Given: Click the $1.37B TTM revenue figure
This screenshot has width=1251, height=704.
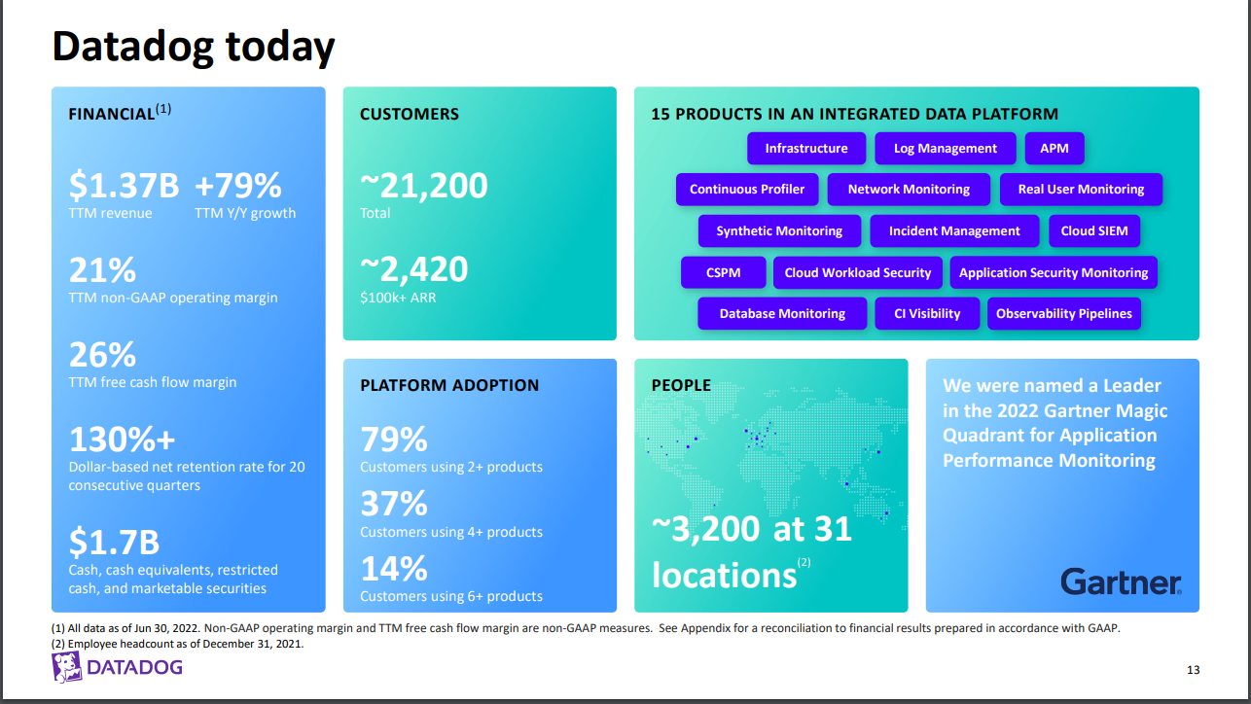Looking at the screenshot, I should point(124,185).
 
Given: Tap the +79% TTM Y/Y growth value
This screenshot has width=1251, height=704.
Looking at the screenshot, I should point(238,185).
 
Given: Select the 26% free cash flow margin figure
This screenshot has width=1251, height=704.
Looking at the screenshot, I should point(102,354).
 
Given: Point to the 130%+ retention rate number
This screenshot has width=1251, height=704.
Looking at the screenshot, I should point(122,440).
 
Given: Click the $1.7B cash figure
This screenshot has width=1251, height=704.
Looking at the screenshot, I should point(114,541).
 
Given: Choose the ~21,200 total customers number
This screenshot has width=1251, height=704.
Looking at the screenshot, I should point(424,185).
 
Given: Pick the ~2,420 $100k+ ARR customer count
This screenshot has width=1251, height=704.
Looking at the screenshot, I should point(414,269).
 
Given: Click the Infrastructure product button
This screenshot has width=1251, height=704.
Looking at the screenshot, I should point(806,149).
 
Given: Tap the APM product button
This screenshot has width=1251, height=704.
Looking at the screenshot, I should point(1054,149).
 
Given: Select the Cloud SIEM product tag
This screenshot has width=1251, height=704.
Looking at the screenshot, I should point(1094,231).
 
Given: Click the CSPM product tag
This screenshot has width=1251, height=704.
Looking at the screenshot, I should point(723,273).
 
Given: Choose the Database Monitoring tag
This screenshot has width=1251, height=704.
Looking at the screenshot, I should point(782,314).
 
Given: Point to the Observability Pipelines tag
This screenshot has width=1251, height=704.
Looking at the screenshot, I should point(1064,314).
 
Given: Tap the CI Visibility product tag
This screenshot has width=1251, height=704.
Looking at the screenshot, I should point(927,314).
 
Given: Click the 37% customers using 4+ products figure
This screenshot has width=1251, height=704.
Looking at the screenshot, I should point(394,504).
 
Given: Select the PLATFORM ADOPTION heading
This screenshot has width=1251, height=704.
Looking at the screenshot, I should point(449,385).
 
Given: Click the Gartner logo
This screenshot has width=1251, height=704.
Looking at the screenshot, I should point(1121,581).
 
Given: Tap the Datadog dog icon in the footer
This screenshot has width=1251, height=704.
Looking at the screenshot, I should point(66,667).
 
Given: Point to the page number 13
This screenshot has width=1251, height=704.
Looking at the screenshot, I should point(1194,670).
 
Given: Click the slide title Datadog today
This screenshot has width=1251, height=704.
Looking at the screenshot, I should point(194,46).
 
